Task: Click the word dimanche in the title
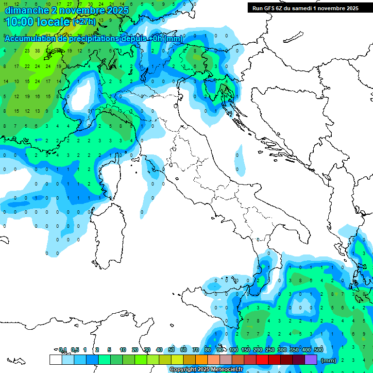click(27, 10)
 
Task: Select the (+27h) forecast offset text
click(85, 22)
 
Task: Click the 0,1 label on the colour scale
click(63, 350)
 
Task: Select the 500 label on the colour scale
click(319, 350)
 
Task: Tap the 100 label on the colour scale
click(234, 350)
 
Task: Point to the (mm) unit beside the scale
click(329, 360)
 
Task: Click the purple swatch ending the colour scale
click(311, 359)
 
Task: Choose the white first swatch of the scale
click(55, 359)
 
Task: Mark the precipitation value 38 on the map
click(37, 51)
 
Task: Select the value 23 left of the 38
click(27, 51)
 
